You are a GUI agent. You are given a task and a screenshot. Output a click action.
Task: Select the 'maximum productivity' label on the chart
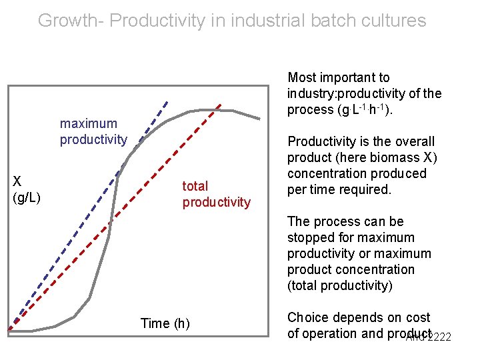click(x=93, y=131)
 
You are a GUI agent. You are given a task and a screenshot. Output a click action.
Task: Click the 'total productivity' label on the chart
click(x=216, y=194)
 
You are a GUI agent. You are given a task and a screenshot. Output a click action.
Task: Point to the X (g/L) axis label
click(x=27, y=189)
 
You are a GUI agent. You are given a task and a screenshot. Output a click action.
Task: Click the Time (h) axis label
click(x=165, y=324)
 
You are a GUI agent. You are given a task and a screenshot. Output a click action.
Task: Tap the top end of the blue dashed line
click(x=167, y=102)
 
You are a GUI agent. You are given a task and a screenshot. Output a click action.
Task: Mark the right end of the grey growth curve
click(x=259, y=119)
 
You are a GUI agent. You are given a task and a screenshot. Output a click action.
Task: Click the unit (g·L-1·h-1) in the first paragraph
click(x=363, y=110)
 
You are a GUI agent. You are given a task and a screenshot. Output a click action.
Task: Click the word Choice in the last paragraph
click(x=307, y=317)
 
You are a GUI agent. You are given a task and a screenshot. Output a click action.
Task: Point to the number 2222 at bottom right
click(x=438, y=337)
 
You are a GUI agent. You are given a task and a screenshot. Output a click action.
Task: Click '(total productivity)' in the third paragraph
click(x=340, y=285)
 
